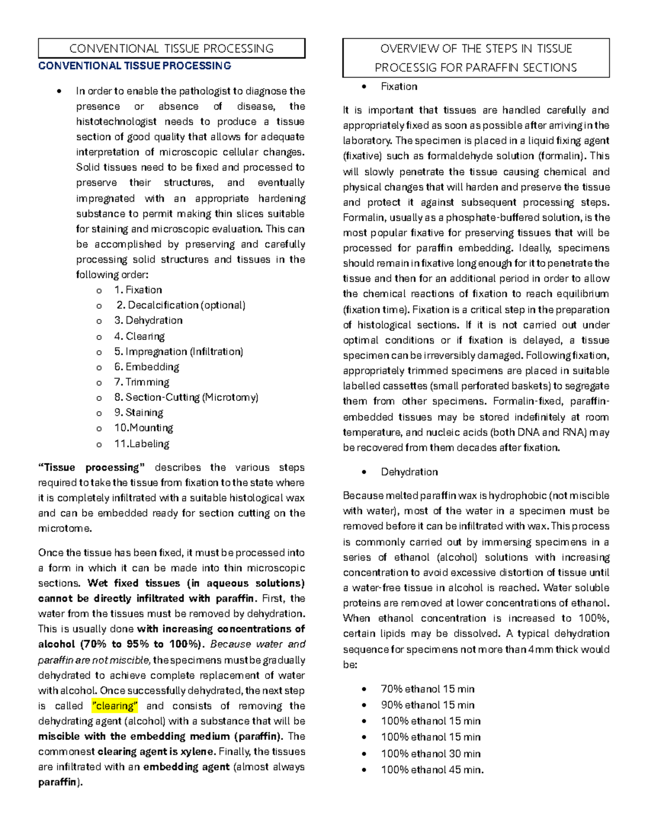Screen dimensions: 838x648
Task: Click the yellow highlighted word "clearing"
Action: pyautogui.click(x=115, y=706)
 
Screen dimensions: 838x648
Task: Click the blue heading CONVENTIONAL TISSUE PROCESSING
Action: pyautogui.click(x=134, y=66)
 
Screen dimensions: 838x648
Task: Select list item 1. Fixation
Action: pyautogui.click(x=138, y=290)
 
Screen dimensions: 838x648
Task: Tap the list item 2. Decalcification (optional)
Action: pyautogui.click(x=181, y=305)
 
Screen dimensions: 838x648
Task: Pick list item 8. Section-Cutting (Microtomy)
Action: pyautogui.click(x=186, y=397)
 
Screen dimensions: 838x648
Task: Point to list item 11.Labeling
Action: pyautogui.click(x=142, y=444)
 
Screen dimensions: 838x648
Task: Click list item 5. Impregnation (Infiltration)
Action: pyautogui.click(x=179, y=351)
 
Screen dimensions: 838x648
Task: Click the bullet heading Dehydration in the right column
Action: pyautogui.click(x=409, y=472)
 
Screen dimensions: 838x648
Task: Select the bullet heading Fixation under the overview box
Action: pyautogui.click(x=399, y=86)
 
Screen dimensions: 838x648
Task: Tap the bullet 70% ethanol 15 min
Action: pyautogui.click(x=428, y=689)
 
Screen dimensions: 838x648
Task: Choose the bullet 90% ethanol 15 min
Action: pyautogui.click(x=428, y=705)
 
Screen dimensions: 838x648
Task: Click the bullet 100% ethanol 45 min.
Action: pyautogui.click(x=432, y=770)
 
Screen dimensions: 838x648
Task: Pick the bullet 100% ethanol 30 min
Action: pyautogui.click(x=431, y=754)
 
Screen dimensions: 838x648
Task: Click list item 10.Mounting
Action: pyautogui.click(x=144, y=428)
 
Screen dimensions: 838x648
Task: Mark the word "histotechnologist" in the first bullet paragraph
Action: pyautogui.click(x=116, y=121)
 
